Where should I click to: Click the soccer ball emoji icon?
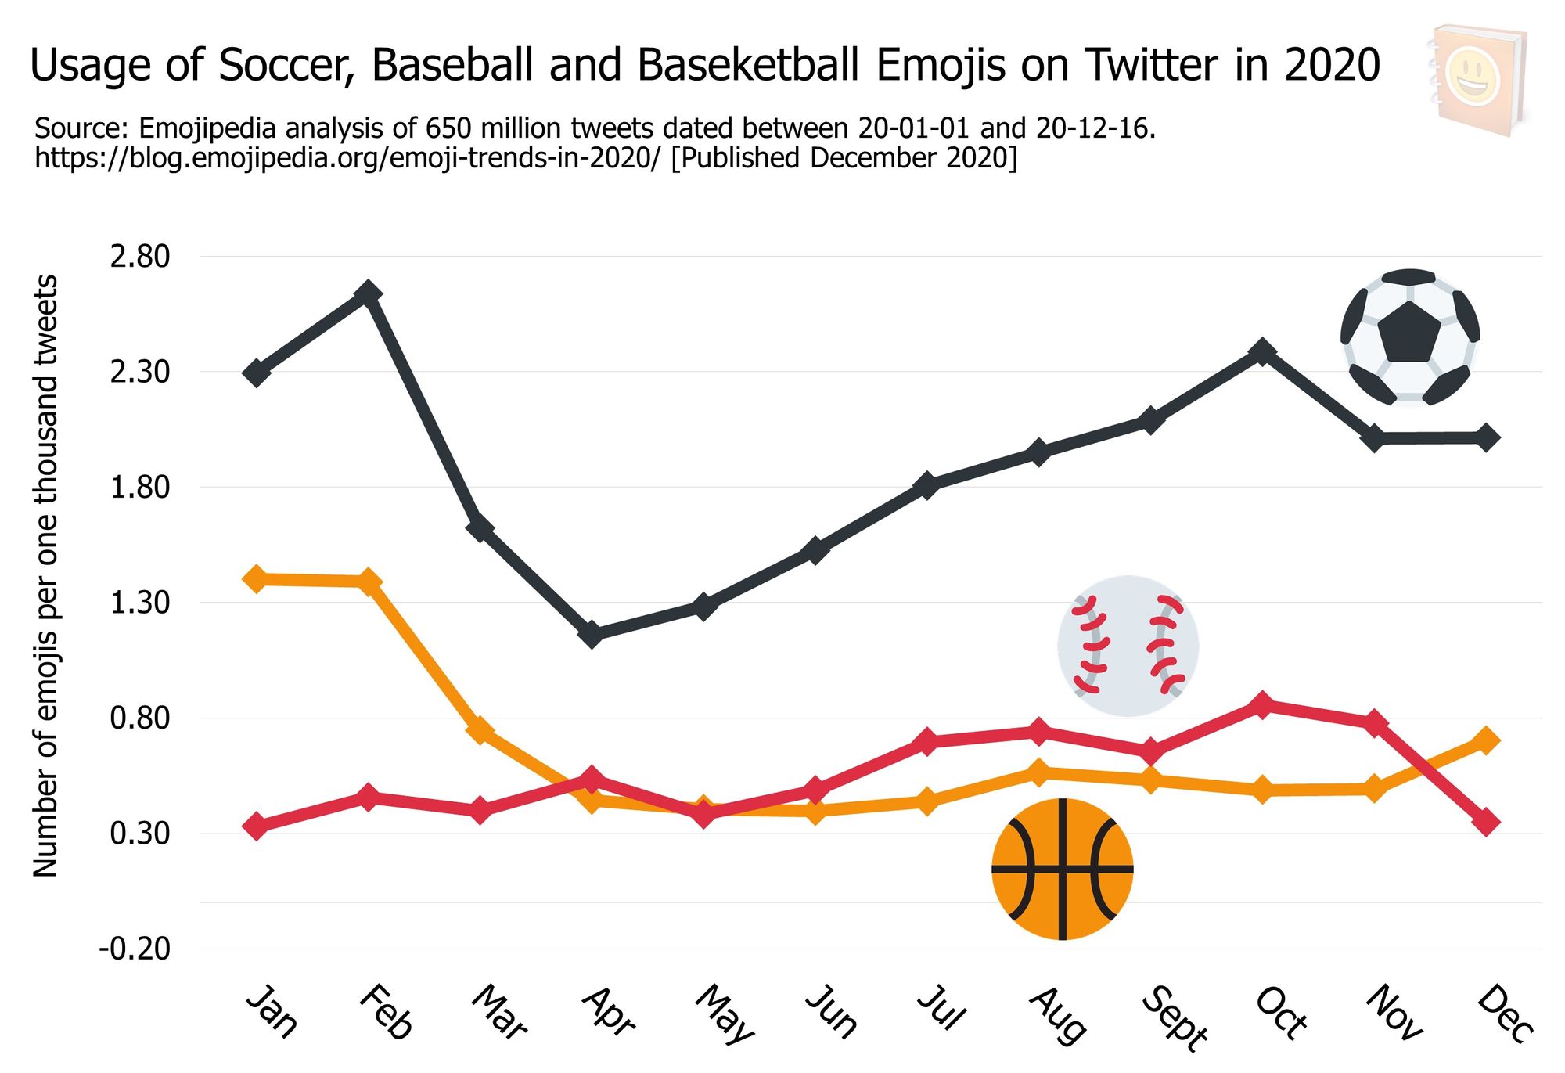[x=1410, y=337]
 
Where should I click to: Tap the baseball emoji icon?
[x=1128, y=646]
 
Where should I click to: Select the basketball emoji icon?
[x=1062, y=869]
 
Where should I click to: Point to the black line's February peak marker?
[x=369, y=293]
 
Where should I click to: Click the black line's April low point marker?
[x=592, y=634]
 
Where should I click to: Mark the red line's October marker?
[x=1262, y=704]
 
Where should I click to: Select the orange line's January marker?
[x=256, y=579]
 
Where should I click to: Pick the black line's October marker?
[x=1262, y=351]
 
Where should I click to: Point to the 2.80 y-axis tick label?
[x=140, y=257]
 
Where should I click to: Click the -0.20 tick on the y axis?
[x=135, y=949]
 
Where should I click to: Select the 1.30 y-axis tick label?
[x=140, y=603]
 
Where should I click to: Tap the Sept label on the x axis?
[x=1174, y=1017]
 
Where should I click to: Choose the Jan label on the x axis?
[x=272, y=1011]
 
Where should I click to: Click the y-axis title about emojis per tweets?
[x=45, y=575]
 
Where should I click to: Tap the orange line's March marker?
[x=480, y=729]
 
